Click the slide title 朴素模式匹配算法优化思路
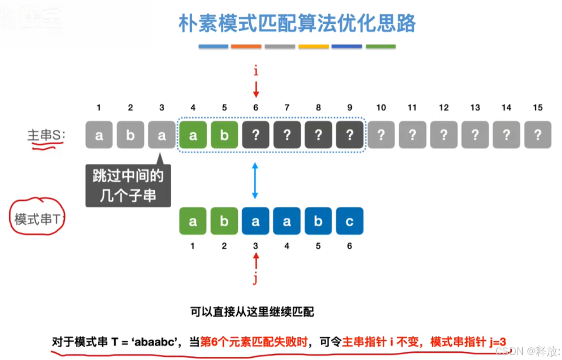[x=297, y=23]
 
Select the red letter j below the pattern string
[x=255, y=279]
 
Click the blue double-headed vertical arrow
[x=255, y=181]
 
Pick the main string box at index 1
[x=99, y=135]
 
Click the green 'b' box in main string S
[x=224, y=135]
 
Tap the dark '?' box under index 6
[x=256, y=135]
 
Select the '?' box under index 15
[x=538, y=135]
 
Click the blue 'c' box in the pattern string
[x=350, y=221]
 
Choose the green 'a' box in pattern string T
[x=193, y=221]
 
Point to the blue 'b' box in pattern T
[x=318, y=221]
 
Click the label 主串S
[x=46, y=135]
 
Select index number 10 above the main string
[x=381, y=108]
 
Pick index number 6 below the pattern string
[x=350, y=246]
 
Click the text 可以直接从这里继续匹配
[x=252, y=312]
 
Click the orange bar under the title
[x=246, y=47]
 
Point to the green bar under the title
[x=381, y=47]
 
